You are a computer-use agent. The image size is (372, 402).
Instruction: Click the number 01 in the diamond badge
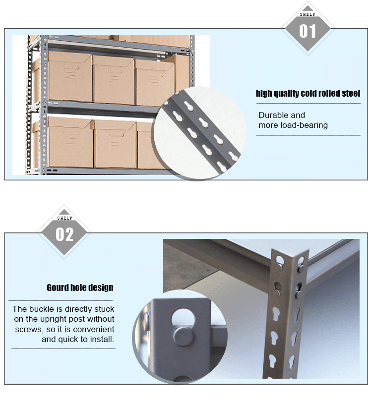308,31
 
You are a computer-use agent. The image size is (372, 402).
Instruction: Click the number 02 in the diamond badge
64,234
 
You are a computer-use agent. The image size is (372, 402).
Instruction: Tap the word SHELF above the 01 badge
308,14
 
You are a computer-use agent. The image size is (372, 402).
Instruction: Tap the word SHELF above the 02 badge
64,218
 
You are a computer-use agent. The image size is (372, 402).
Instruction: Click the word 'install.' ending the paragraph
102,339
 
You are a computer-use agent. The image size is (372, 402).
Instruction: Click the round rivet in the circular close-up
183,337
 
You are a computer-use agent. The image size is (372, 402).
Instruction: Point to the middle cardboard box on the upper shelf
114,79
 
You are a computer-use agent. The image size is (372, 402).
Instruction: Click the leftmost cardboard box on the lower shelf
70,142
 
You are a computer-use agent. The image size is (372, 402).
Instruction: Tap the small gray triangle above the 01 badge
308,8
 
